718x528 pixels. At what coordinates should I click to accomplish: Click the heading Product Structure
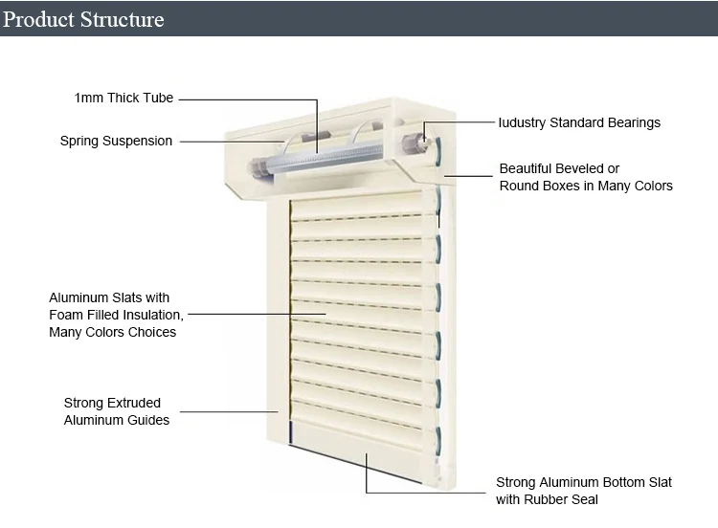84,19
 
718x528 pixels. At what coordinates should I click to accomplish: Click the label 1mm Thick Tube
124,98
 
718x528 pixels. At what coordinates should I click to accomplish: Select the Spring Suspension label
116,141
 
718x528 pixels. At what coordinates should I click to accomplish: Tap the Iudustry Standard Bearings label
579,122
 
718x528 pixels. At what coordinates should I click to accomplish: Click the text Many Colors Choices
112,332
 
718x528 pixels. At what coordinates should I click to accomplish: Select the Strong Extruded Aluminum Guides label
116,411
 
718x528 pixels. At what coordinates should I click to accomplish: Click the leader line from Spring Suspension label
230,142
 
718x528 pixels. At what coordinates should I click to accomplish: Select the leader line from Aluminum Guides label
230,411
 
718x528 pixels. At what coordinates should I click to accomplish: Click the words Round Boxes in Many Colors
586,186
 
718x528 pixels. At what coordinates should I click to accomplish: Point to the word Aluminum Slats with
109,297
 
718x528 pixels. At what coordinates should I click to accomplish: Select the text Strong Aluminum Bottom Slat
583,482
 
